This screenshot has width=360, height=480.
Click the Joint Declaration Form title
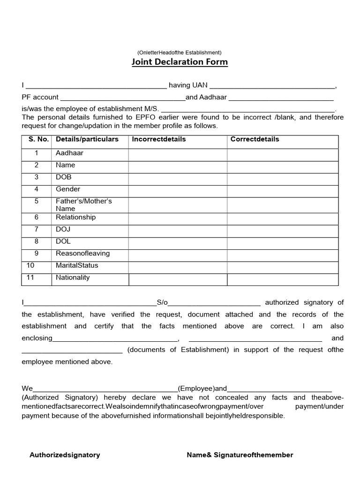click(x=180, y=62)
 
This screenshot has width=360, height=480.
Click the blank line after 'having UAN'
click(x=272, y=86)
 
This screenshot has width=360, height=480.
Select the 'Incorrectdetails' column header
click(x=159, y=139)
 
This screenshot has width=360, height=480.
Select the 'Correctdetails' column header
click(x=255, y=139)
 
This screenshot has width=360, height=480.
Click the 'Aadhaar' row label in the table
click(x=69, y=153)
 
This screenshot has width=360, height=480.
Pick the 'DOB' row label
click(x=64, y=177)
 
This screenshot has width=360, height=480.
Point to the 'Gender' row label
click(x=68, y=189)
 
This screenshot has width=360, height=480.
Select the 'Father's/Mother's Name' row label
click(x=83, y=204)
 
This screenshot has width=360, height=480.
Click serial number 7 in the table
click(x=36, y=229)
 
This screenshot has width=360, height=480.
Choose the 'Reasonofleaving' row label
click(x=82, y=253)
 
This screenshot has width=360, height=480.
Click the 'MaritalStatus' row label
click(x=77, y=265)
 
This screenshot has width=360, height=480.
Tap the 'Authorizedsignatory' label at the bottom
click(x=65, y=455)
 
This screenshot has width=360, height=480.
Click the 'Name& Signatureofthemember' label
click(x=240, y=455)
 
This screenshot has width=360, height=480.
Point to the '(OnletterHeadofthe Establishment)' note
click(x=180, y=52)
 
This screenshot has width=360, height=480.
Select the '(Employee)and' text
click(x=202, y=388)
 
